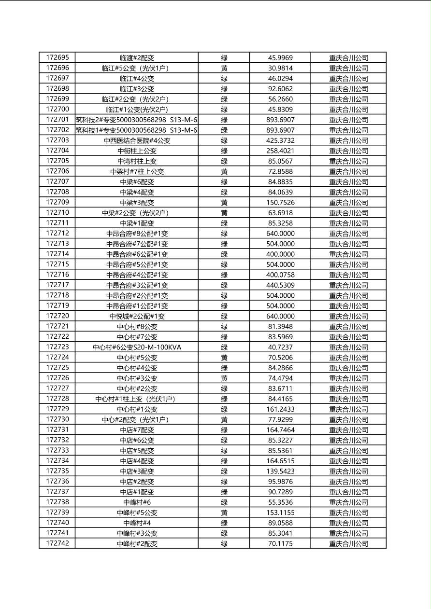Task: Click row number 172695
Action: (57, 57)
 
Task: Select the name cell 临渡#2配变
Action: (137, 58)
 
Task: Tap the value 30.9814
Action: (280, 68)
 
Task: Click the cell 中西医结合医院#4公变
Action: (137, 140)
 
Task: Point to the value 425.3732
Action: (280, 140)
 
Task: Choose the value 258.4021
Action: (280, 151)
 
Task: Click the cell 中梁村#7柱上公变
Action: (137, 171)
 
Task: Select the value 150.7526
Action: (280, 202)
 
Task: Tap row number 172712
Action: (57, 233)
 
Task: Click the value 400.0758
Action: (280, 275)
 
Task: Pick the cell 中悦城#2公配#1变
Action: (137, 316)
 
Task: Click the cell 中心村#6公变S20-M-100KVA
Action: (137, 347)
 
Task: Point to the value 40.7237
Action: (280, 347)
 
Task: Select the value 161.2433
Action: (280, 409)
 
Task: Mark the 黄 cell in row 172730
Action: (224, 419)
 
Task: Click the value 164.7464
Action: (280, 429)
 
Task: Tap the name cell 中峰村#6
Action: (137, 502)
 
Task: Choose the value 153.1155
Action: (280, 512)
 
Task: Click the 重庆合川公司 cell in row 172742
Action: (348, 543)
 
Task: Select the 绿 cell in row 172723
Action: (224, 347)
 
